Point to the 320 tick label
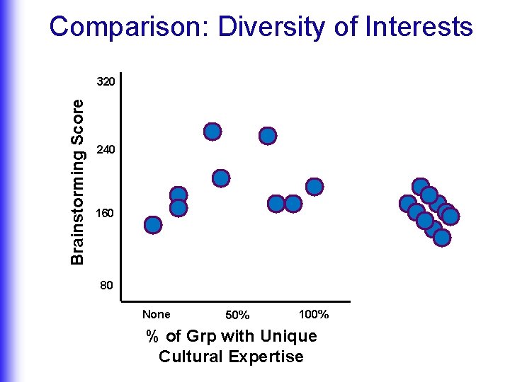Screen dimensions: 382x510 click(106, 82)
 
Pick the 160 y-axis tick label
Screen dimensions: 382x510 click(106, 213)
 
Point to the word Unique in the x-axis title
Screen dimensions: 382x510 click(288, 336)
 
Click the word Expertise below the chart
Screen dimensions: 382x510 click(268, 356)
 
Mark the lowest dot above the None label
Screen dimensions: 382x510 click(153, 225)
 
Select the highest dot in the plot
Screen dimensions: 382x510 click(212, 132)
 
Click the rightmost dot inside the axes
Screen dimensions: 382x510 click(314, 187)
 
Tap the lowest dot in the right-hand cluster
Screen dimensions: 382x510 click(441, 238)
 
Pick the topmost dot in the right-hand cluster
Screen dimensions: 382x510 click(421, 187)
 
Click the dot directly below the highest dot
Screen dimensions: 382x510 click(221, 178)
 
